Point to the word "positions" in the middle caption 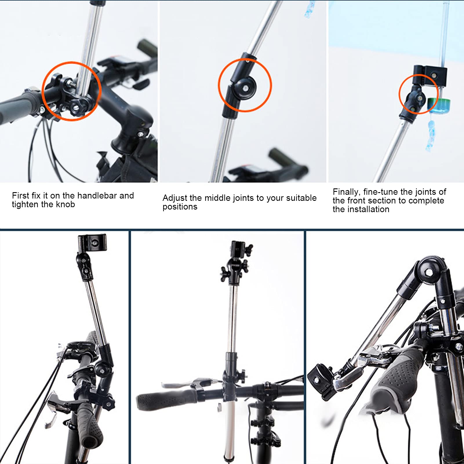click(x=180, y=207)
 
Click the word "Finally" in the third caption click(x=345, y=192)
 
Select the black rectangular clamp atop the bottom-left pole click(x=92, y=242)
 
